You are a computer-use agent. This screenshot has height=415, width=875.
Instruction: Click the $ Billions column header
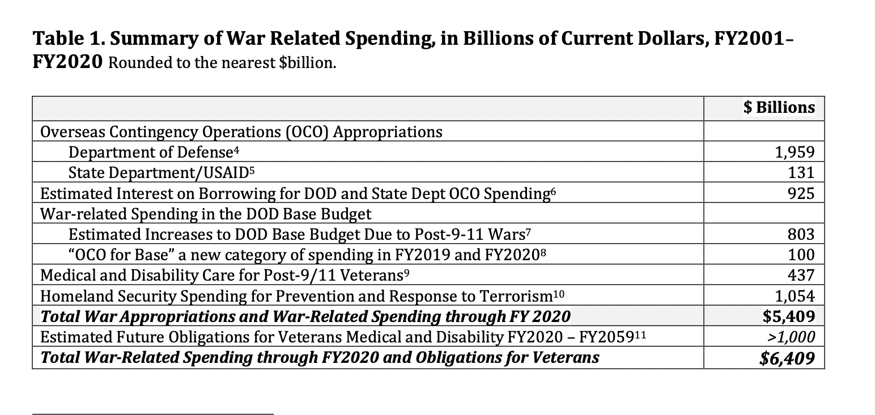779,108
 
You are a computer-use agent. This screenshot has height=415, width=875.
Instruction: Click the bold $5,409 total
789,316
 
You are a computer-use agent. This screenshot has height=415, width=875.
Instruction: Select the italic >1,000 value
791,337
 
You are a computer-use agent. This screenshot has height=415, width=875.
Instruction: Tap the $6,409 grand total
788,358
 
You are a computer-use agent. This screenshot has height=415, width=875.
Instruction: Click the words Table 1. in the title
66,40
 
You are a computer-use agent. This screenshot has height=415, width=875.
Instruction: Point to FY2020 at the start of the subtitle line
67,61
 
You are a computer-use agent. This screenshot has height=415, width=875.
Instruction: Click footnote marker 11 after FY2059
639,334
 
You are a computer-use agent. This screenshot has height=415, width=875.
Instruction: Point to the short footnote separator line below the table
153,414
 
